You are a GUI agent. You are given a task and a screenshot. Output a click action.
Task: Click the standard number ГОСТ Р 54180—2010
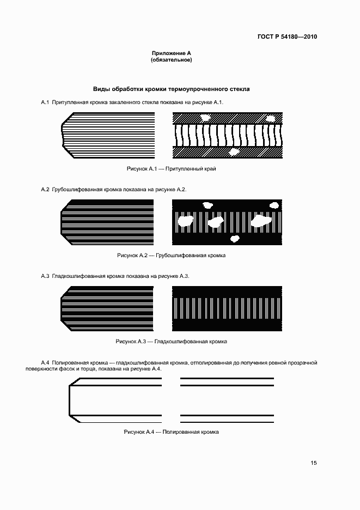click(287, 37)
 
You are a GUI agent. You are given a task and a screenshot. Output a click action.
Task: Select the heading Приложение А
click(171, 53)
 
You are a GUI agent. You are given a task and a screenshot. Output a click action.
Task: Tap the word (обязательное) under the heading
click(171, 59)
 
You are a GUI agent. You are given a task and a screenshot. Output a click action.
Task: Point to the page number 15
click(313, 463)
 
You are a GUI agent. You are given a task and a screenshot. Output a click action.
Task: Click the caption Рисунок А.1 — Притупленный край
click(171, 169)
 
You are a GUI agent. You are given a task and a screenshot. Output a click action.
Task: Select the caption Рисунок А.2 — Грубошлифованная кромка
click(171, 256)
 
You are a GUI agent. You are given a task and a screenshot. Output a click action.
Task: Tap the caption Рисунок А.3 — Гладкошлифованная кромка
click(171, 342)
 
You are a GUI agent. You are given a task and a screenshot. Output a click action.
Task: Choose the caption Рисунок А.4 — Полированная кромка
click(171, 432)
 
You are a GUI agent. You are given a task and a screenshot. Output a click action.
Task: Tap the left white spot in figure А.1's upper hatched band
click(206, 117)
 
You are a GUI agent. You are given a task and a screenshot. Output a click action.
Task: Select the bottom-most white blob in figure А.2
click(235, 239)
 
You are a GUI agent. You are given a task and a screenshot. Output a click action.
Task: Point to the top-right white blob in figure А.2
click(273, 204)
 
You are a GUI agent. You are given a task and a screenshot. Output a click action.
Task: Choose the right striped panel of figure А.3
click(228, 308)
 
